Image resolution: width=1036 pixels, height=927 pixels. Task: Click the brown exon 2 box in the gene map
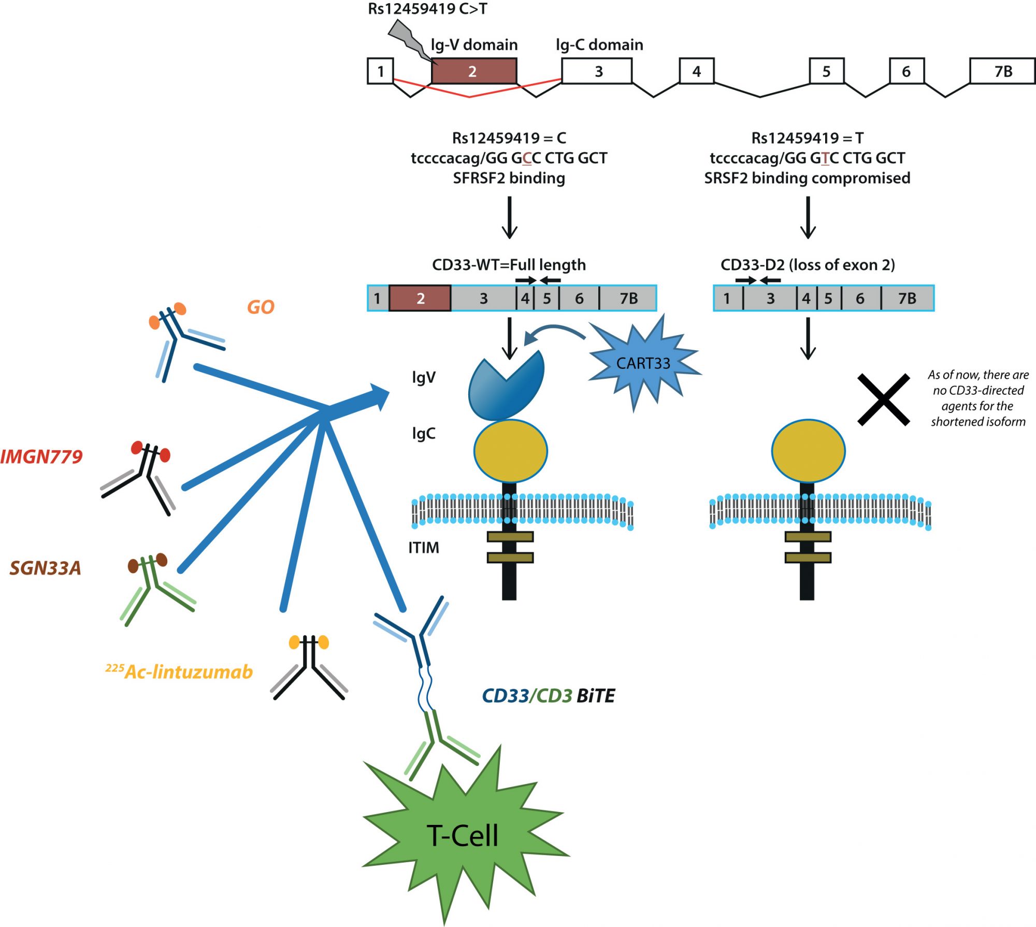coord(473,71)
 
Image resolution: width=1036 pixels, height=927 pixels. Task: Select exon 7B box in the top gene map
coord(1002,71)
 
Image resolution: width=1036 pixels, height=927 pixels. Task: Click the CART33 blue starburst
coord(643,363)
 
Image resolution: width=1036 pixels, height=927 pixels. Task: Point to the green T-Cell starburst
coord(463,834)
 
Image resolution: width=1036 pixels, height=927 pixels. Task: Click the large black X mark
coord(883,400)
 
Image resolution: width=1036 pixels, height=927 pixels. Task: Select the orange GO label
coord(260,307)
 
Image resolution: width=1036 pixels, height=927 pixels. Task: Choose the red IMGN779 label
coord(41,457)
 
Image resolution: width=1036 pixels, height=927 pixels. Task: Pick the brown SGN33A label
coord(46,568)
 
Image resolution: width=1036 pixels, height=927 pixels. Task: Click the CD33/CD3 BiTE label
coord(548,695)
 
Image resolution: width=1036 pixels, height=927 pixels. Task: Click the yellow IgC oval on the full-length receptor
coord(510,451)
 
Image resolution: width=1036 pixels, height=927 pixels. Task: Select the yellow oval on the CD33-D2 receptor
coord(808,451)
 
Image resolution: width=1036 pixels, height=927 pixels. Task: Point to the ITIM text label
coord(423,548)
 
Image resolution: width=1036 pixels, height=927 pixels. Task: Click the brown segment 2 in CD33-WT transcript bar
coord(420,298)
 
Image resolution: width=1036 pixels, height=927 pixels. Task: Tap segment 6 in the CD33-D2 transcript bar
coord(860,298)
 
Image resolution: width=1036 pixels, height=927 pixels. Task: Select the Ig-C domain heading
coord(599,45)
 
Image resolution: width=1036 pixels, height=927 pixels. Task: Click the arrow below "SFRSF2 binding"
coord(509,217)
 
